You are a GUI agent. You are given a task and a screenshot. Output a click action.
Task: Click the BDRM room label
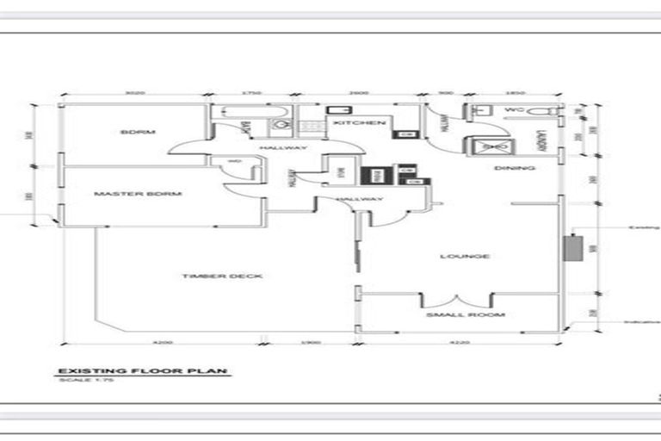(138, 132)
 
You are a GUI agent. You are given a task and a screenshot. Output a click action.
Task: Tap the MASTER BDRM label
(138, 194)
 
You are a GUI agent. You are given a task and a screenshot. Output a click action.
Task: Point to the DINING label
(515, 168)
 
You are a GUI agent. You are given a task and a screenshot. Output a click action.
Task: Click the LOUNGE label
(465, 256)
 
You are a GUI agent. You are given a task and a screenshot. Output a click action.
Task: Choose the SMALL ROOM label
(466, 315)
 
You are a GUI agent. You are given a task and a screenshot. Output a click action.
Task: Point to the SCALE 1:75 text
(78, 380)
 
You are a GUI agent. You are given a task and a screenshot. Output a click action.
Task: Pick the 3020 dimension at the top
(133, 91)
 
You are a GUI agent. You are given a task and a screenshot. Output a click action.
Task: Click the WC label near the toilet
(515, 111)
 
